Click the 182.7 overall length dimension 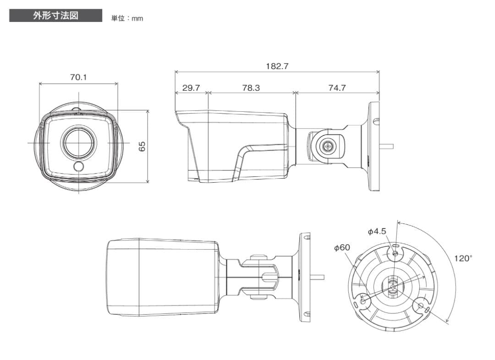click(277, 66)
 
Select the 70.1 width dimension click(78, 77)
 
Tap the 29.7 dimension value click(191, 88)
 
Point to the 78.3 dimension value click(251, 88)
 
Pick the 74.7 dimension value click(337, 88)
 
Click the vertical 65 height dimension click(142, 146)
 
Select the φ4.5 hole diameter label click(377, 232)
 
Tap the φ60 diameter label click(342, 247)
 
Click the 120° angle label click(462, 258)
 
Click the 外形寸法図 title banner click(55, 16)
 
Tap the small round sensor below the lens click(79, 167)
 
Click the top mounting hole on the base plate click(396, 253)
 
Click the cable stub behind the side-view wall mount click(387, 147)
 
